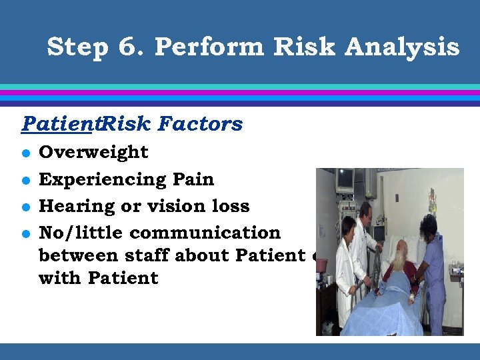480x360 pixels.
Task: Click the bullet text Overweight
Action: pyautogui.click(x=94, y=152)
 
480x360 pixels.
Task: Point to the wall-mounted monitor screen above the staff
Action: pyautogui.click(x=345, y=179)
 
